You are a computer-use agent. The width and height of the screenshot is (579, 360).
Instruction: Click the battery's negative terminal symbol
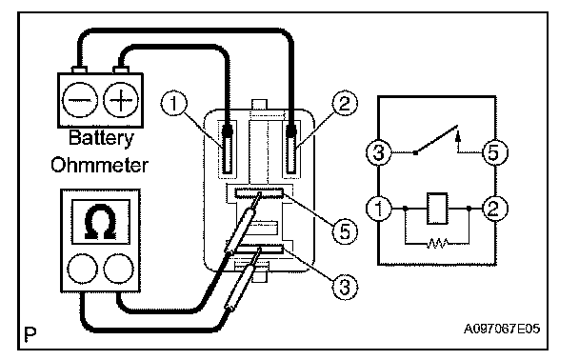tap(80, 100)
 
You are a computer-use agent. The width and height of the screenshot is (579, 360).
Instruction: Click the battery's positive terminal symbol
tap(121, 100)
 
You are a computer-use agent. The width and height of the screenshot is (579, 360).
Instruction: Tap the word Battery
tap(101, 138)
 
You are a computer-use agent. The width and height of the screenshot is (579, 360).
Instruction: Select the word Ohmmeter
tap(100, 165)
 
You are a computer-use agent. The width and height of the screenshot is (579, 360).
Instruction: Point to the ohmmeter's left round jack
tap(83, 269)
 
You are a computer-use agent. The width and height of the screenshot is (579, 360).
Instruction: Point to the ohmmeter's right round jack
tap(118, 269)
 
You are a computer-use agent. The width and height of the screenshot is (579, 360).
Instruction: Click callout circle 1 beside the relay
tap(174, 104)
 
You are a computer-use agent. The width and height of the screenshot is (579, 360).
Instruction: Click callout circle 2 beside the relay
tap(345, 104)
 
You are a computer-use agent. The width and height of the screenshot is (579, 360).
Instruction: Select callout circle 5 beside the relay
tap(345, 231)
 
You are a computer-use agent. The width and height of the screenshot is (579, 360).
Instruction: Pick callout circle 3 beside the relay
tap(345, 286)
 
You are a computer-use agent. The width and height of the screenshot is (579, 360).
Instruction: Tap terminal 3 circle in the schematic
tap(379, 152)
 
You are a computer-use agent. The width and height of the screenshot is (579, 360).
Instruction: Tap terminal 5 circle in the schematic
tap(495, 152)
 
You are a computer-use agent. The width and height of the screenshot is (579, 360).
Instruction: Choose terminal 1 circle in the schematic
tap(379, 209)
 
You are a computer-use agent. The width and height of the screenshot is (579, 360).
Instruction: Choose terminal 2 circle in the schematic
tap(495, 209)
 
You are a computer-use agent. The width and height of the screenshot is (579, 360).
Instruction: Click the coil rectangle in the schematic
tap(437, 209)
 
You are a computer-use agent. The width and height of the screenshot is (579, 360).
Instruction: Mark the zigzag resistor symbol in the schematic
tap(437, 243)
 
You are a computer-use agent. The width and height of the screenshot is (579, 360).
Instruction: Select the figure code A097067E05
tap(502, 329)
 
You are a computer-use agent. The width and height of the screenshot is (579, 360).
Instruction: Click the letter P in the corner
tap(30, 334)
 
